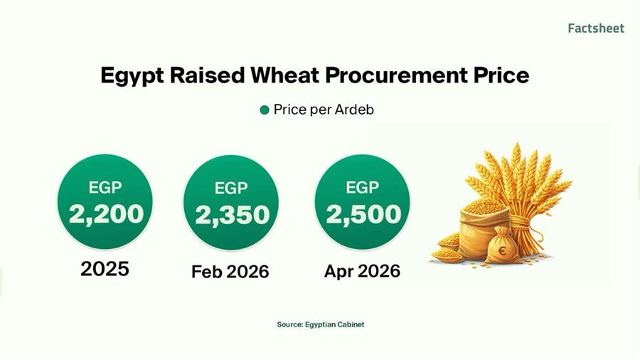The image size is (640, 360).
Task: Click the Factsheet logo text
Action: coord(596,28)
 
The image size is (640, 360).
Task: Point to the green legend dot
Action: coord(265,110)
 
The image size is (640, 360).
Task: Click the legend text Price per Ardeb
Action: coord(324,110)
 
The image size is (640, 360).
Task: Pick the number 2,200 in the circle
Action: coord(105,213)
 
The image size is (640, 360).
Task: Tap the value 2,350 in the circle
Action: coord(231,215)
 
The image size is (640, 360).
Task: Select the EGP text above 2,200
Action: coord(105,188)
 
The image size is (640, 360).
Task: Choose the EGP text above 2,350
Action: coord(231,189)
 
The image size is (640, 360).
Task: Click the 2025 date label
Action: coord(105,269)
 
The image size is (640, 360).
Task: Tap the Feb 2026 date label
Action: coord(230,272)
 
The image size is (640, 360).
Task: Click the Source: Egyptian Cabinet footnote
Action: coord(320,324)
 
